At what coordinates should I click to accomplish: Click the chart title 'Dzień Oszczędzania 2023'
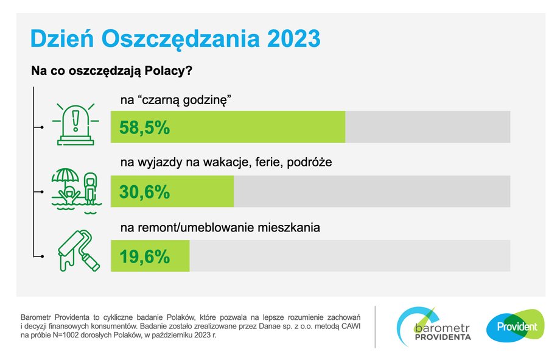(175, 38)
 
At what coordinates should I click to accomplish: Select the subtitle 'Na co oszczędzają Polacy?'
(112, 71)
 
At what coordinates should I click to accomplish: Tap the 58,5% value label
(144, 128)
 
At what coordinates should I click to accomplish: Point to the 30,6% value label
(144, 192)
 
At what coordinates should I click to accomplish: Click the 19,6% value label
(144, 256)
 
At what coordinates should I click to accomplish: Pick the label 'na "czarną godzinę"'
(176, 100)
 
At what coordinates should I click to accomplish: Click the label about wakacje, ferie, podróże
(226, 162)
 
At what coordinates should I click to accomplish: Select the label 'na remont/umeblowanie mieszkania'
(220, 227)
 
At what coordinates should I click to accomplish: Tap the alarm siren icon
(75, 124)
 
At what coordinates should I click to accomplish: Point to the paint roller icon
(79, 250)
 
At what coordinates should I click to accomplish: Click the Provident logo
(516, 326)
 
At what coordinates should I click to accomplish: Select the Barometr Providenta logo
(434, 326)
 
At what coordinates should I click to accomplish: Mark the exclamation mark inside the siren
(75, 121)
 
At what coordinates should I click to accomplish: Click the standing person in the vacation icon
(90, 188)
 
